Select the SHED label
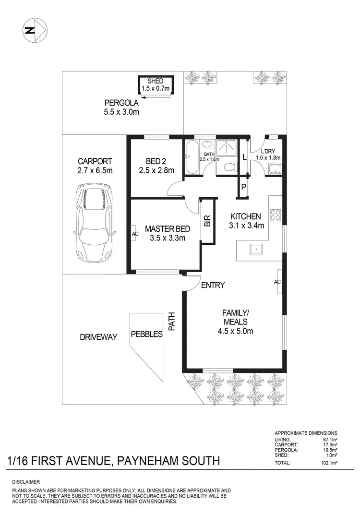point(156,81)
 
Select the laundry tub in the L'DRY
point(275,168)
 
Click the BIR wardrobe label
point(207,221)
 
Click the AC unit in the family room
point(277,282)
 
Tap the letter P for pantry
point(243,188)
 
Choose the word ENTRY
point(213,285)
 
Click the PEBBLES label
point(147,334)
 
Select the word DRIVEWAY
point(98,337)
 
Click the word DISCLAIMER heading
point(26,481)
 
